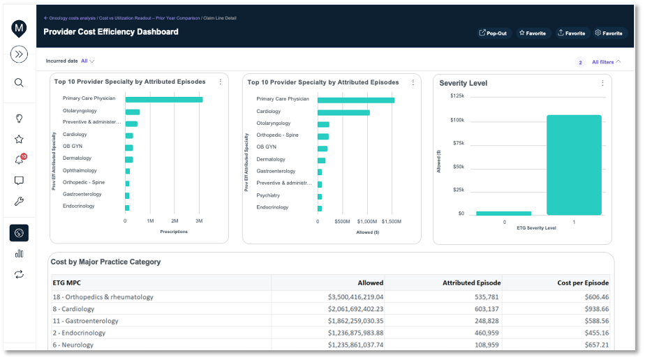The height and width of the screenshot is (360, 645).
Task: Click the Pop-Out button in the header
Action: pyautogui.click(x=494, y=33)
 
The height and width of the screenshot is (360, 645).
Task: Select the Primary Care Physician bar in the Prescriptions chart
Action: pyautogui.click(x=163, y=99)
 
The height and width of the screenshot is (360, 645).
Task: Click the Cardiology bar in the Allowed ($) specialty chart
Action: pyautogui.click(x=343, y=112)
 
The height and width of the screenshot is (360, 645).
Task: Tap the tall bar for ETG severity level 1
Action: pyautogui.click(x=574, y=165)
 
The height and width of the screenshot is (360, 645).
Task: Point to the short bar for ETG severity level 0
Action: pyautogui.click(x=503, y=213)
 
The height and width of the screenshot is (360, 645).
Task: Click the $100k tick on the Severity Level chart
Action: pyautogui.click(x=457, y=120)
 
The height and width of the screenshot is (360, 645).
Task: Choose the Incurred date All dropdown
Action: pyautogui.click(x=87, y=61)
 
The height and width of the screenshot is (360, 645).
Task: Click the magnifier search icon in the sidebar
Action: pyautogui.click(x=19, y=82)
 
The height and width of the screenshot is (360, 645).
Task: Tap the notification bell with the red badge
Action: pyautogui.click(x=19, y=160)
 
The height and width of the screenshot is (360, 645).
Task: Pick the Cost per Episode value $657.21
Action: pyautogui.click(x=594, y=345)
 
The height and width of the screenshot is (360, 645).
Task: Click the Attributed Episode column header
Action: pyautogui.click(x=471, y=283)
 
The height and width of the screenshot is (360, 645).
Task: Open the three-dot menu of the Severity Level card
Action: pyautogui.click(x=602, y=83)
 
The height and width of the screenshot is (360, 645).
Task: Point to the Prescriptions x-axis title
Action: pyautogui.click(x=174, y=232)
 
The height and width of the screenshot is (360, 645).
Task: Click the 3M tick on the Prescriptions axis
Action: pyautogui.click(x=199, y=220)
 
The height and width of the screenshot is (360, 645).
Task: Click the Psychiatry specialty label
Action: pyautogui.click(x=268, y=195)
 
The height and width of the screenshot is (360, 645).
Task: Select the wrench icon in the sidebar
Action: pyautogui.click(x=19, y=202)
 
